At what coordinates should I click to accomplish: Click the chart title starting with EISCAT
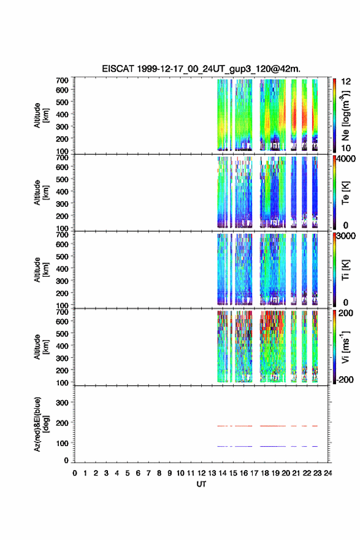[201, 69]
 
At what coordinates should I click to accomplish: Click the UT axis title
[201, 484]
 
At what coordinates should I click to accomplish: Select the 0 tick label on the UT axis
[75, 473]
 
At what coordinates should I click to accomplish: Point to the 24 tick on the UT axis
[327, 473]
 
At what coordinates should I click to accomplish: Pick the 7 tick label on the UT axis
[148, 473]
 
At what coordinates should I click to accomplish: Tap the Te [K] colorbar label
[345, 193]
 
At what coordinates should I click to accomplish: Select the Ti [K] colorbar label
[345, 269]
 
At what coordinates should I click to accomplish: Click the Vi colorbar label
[346, 347]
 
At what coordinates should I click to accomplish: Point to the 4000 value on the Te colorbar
[346, 159]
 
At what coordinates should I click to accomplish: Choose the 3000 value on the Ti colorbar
[346, 236]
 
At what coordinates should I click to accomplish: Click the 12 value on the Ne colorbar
[346, 82]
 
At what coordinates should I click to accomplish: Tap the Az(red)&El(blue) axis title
[40, 424]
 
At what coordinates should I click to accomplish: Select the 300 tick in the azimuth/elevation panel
[62, 403]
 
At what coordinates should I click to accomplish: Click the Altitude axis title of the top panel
[40, 115]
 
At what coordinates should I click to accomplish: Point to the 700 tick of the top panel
[62, 80]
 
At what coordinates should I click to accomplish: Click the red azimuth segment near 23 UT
[315, 426]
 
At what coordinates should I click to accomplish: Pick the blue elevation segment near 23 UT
[315, 446]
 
